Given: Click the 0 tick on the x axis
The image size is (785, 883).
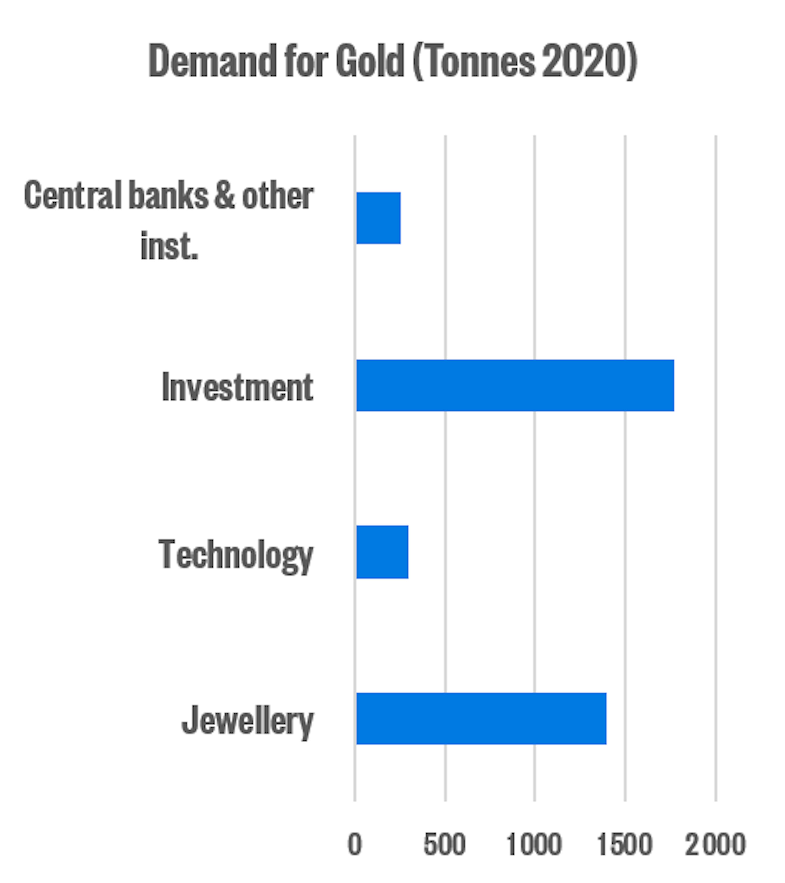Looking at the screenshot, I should (x=354, y=845).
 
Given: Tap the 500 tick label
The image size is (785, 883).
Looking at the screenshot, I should (x=444, y=845).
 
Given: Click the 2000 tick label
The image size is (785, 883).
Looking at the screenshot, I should (x=715, y=845).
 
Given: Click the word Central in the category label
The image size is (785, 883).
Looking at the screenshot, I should (x=73, y=196).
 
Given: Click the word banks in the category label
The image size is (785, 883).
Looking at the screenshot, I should (x=169, y=196).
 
